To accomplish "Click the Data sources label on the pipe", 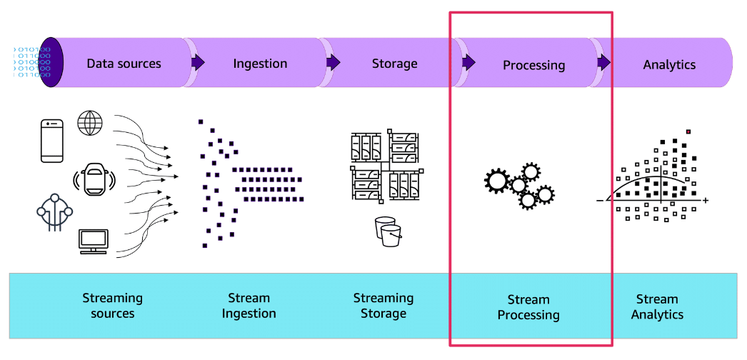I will [124, 64].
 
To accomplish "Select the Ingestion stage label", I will [260, 64].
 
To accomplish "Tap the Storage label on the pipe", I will [394, 64].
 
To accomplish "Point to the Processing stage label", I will [533, 65].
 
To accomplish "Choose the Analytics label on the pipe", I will [669, 64].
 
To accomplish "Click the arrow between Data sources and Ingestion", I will [197, 63].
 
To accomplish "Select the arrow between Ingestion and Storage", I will [333, 63].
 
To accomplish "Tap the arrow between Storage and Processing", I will [468, 63].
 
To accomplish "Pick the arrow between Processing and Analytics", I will [604, 63].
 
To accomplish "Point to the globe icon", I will [90, 123].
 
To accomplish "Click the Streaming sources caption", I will [112, 306].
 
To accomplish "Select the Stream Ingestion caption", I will [249, 306].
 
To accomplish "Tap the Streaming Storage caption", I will [383, 306].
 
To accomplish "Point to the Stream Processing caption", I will [528, 307].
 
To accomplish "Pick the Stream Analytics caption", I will [657, 306].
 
